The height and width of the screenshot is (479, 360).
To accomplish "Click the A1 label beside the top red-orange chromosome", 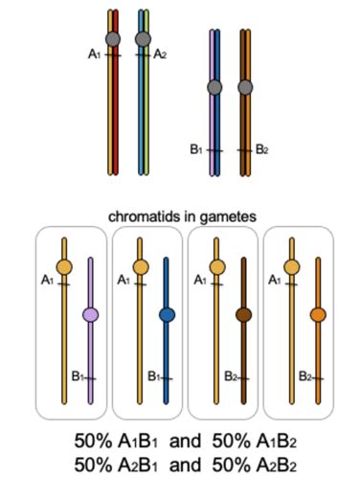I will tap(95, 55).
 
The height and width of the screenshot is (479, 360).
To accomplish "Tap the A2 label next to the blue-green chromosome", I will tap(160, 55).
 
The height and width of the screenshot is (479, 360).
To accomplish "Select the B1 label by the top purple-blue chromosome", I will tap(196, 149).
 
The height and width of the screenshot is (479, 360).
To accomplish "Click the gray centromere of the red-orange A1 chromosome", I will tap(113, 39).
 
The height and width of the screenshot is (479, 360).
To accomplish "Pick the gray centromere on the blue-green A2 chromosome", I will tap(143, 39).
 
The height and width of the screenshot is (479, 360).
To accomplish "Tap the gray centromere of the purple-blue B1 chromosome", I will tap(215, 88).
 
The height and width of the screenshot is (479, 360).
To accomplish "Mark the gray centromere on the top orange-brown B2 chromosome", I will tap(245, 88).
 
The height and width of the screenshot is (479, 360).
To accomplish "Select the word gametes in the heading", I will tap(229, 217).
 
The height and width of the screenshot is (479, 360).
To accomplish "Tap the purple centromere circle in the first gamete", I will tap(91, 314).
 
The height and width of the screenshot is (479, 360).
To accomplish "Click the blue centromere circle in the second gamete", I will tap(168, 314).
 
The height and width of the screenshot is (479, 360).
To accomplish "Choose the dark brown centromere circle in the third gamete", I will tap(243, 314).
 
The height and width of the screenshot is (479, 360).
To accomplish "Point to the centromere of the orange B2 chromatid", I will tap(319, 314).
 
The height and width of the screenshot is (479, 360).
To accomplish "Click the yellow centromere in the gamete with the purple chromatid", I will tap(64, 267).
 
